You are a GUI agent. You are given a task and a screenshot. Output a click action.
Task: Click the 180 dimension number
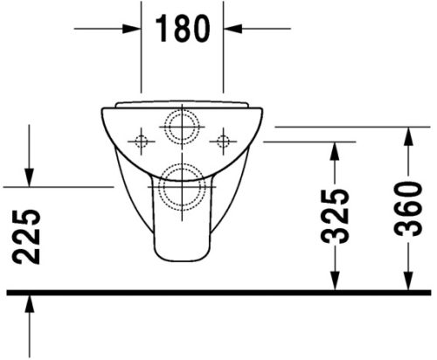183,29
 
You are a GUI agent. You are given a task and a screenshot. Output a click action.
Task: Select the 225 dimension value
28,236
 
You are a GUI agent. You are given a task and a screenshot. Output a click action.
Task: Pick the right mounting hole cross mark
224,140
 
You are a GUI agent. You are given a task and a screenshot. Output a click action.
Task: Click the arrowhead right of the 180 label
234,29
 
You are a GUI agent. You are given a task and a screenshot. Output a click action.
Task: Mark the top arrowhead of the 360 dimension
409,135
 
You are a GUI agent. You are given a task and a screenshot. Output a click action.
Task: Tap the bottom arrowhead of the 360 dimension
409,280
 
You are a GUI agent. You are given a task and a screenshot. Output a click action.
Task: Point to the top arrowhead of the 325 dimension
334,150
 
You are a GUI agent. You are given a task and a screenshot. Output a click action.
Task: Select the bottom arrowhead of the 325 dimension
334,280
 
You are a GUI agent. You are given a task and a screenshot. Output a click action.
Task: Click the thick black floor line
218,292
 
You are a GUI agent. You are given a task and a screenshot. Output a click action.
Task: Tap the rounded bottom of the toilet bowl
183,256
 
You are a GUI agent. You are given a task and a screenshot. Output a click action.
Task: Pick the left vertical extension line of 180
142,52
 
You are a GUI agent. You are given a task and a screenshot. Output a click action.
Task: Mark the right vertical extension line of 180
225,52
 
